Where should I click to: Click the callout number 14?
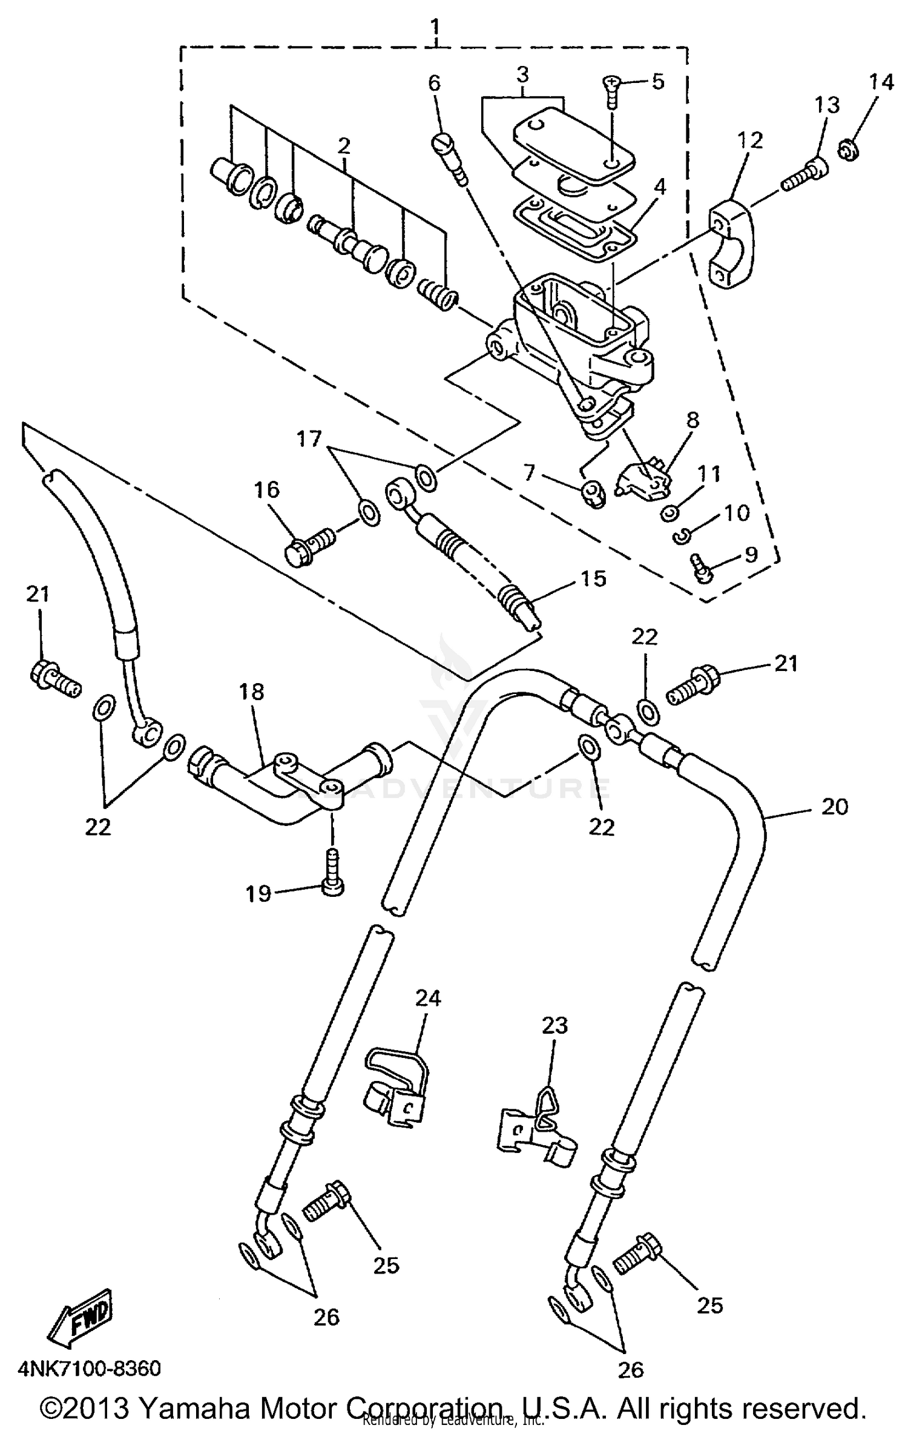881,82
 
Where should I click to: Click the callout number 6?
435,83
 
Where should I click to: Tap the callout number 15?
593,579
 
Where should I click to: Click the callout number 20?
835,806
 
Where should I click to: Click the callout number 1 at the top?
436,27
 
